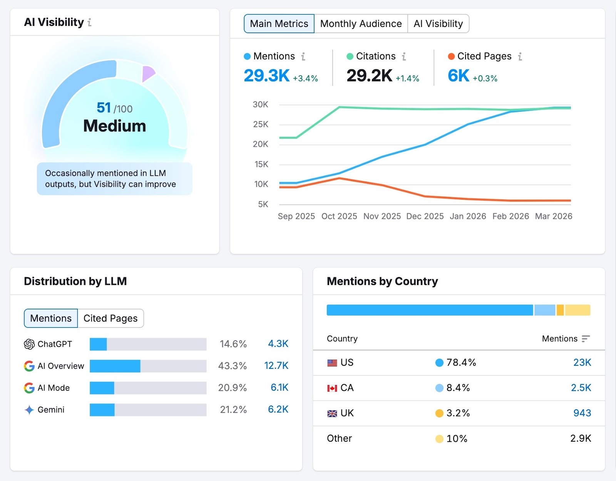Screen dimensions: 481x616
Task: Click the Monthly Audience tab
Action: click(x=361, y=24)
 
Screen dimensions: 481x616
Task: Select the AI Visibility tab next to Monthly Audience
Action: click(x=438, y=24)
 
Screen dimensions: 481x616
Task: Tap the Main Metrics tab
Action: click(x=279, y=24)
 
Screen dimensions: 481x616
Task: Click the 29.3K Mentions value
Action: click(x=266, y=76)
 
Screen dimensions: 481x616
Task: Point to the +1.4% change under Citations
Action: click(x=407, y=79)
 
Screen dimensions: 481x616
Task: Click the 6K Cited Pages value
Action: click(x=458, y=76)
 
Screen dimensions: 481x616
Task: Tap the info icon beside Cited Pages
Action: click(x=520, y=57)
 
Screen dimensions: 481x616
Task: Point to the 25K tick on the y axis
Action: click(x=261, y=124)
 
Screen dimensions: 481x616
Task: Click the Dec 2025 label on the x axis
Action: click(x=425, y=216)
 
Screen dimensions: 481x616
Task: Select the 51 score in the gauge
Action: click(x=104, y=108)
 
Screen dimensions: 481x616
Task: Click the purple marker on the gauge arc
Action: click(x=148, y=73)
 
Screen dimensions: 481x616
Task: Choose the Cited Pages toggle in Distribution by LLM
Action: click(x=110, y=318)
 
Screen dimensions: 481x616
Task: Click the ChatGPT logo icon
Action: click(x=29, y=344)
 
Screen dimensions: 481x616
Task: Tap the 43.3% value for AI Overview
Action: click(x=232, y=366)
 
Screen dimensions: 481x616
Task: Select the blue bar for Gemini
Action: click(x=102, y=410)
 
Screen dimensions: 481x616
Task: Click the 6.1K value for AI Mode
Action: click(x=280, y=388)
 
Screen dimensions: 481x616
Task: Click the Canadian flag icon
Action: click(x=332, y=388)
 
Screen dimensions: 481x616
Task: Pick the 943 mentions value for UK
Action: click(x=582, y=413)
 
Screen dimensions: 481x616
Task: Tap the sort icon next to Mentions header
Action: click(x=586, y=339)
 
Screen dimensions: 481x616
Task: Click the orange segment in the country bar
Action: click(x=560, y=310)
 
